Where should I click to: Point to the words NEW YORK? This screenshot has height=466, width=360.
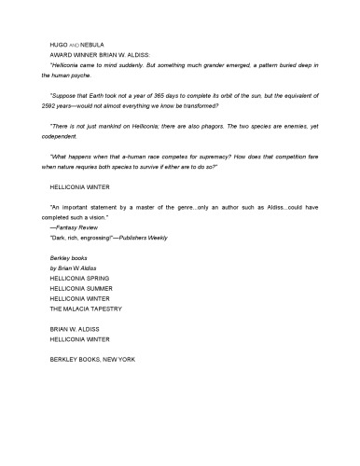click(x=116, y=358)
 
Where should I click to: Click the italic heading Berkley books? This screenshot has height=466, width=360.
click(x=67, y=260)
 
